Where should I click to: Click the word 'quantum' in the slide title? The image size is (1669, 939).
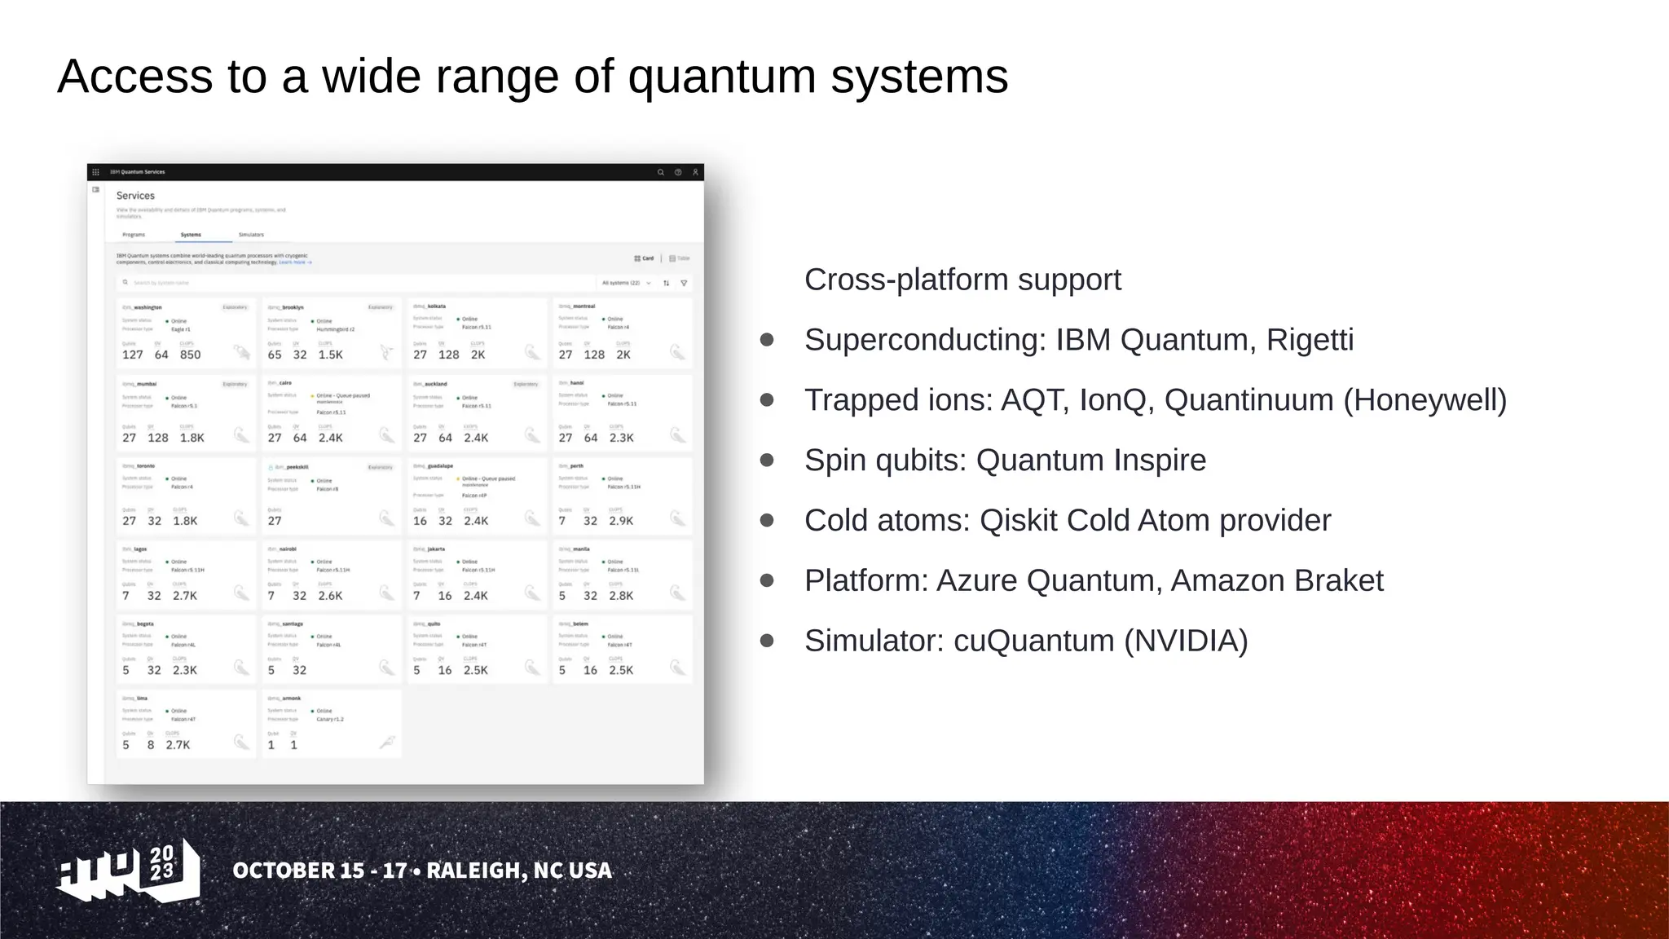(x=721, y=77)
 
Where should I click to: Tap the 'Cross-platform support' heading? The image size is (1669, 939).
(x=962, y=280)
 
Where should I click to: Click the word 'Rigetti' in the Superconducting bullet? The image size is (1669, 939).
(x=1310, y=340)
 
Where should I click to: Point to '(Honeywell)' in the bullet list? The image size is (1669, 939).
(x=1425, y=400)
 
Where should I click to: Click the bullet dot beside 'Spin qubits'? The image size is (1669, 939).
(x=767, y=460)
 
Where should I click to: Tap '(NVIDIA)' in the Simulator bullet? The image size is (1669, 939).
(x=1186, y=641)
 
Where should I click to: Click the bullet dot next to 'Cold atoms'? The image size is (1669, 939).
(x=767, y=520)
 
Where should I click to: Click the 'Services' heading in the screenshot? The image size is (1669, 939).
(x=135, y=196)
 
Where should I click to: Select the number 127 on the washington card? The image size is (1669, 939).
(x=132, y=355)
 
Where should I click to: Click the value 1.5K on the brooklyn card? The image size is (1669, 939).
(x=330, y=355)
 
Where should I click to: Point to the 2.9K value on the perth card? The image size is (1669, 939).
(x=620, y=521)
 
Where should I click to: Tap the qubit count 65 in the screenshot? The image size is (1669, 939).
(x=275, y=355)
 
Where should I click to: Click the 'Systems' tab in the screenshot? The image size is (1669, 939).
(x=191, y=235)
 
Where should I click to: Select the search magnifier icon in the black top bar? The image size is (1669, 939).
(x=660, y=172)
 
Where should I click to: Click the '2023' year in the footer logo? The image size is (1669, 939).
(x=162, y=862)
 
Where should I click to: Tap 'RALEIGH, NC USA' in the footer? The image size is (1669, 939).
(x=519, y=871)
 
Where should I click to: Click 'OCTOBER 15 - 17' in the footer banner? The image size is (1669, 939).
(x=319, y=871)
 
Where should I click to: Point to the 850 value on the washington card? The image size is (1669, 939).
(x=190, y=355)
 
